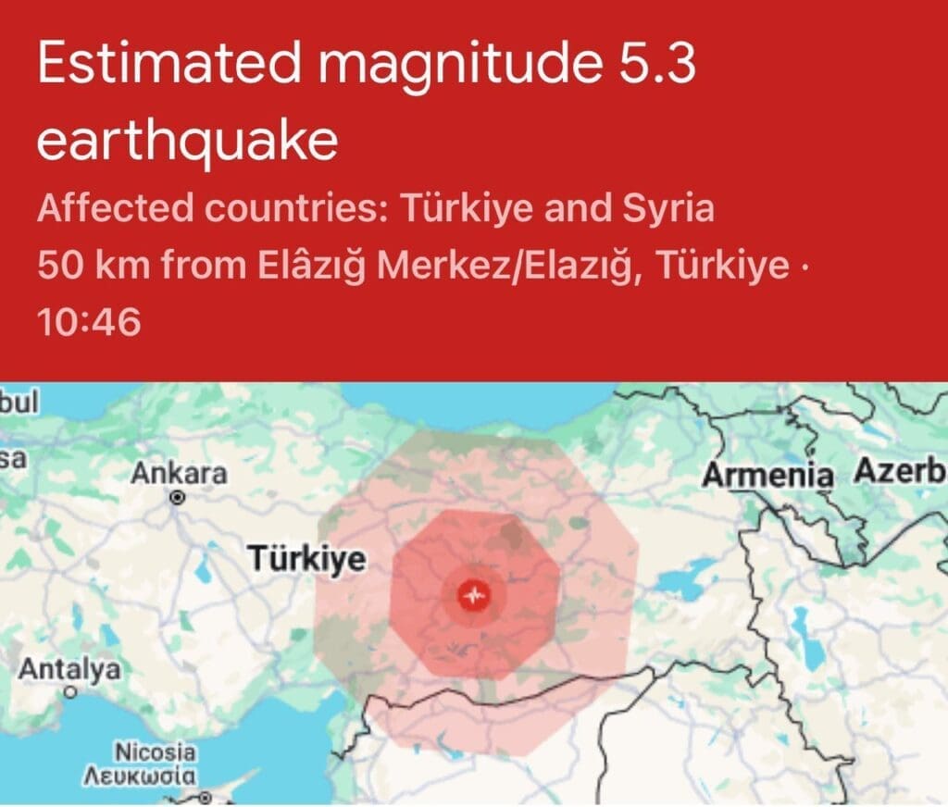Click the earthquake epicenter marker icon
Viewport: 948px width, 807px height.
click(x=475, y=595)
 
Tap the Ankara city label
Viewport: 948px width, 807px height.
click(x=179, y=474)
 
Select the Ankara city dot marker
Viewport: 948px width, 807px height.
click(x=178, y=497)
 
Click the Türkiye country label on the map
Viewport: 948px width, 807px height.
click(x=306, y=559)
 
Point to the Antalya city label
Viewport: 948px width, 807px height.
click(x=69, y=668)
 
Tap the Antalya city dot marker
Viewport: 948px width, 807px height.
click(x=70, y=690)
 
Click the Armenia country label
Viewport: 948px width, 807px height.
click(x=767, y=476)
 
